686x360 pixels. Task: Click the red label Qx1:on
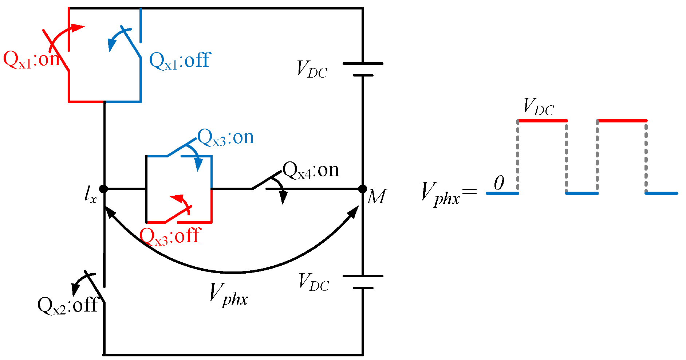31,59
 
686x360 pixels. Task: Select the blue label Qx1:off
180,60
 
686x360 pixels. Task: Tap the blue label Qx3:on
225,138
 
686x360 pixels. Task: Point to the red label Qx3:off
170,236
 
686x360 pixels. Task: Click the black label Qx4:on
311,170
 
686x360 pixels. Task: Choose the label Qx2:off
68,305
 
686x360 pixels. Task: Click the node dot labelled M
363,189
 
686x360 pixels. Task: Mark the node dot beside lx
104,189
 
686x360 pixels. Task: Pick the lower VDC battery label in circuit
314,282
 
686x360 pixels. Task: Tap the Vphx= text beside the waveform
448,193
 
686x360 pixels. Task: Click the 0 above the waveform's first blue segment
499,183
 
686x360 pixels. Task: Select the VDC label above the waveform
538,107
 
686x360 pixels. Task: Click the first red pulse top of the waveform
543,121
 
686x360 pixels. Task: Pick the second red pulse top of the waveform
622,121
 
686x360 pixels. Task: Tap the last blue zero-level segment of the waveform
661,193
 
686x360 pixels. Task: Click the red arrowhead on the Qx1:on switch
77,28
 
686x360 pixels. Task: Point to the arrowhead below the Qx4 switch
283,198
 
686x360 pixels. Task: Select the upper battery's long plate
363,63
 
